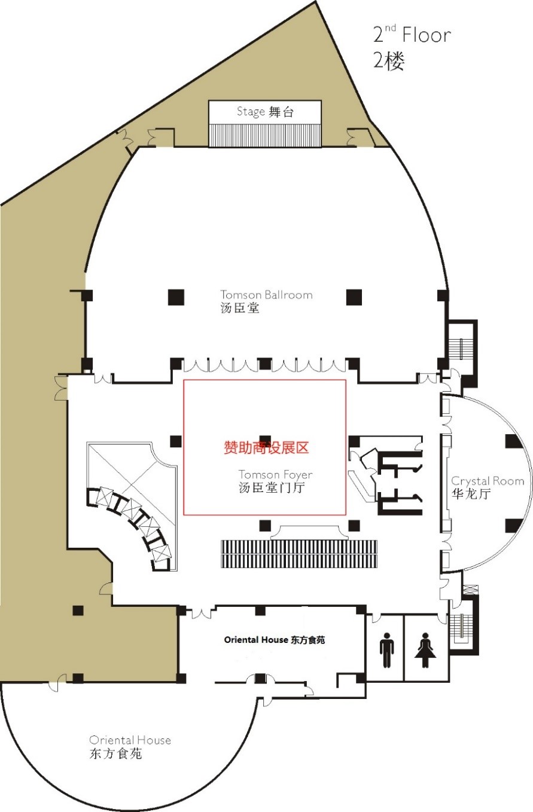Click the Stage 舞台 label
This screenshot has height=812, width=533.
pyautogui.click(x=265, y=112)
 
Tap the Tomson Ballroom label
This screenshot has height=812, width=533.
pyautogui.click(x=267, y=294)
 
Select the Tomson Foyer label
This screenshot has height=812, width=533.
pyautogui.click(x=276, y=474)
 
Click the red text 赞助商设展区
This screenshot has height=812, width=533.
pyautogui.click(x=266, y=448)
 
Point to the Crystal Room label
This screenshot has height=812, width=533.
pyautogui.click(x=488, y=481)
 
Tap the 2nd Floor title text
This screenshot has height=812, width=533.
pyautogui.click(x=412, y=34)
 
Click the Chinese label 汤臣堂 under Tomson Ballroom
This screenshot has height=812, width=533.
pyautogui.click(x=240, y=308)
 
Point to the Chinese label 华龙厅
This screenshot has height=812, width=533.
pyautogui.click(x=471, y=494)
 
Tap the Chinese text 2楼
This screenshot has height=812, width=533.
pyautogui.click(x=389, y=61)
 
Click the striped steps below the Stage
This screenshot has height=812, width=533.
pyautogui.click(x=264, y=135)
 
